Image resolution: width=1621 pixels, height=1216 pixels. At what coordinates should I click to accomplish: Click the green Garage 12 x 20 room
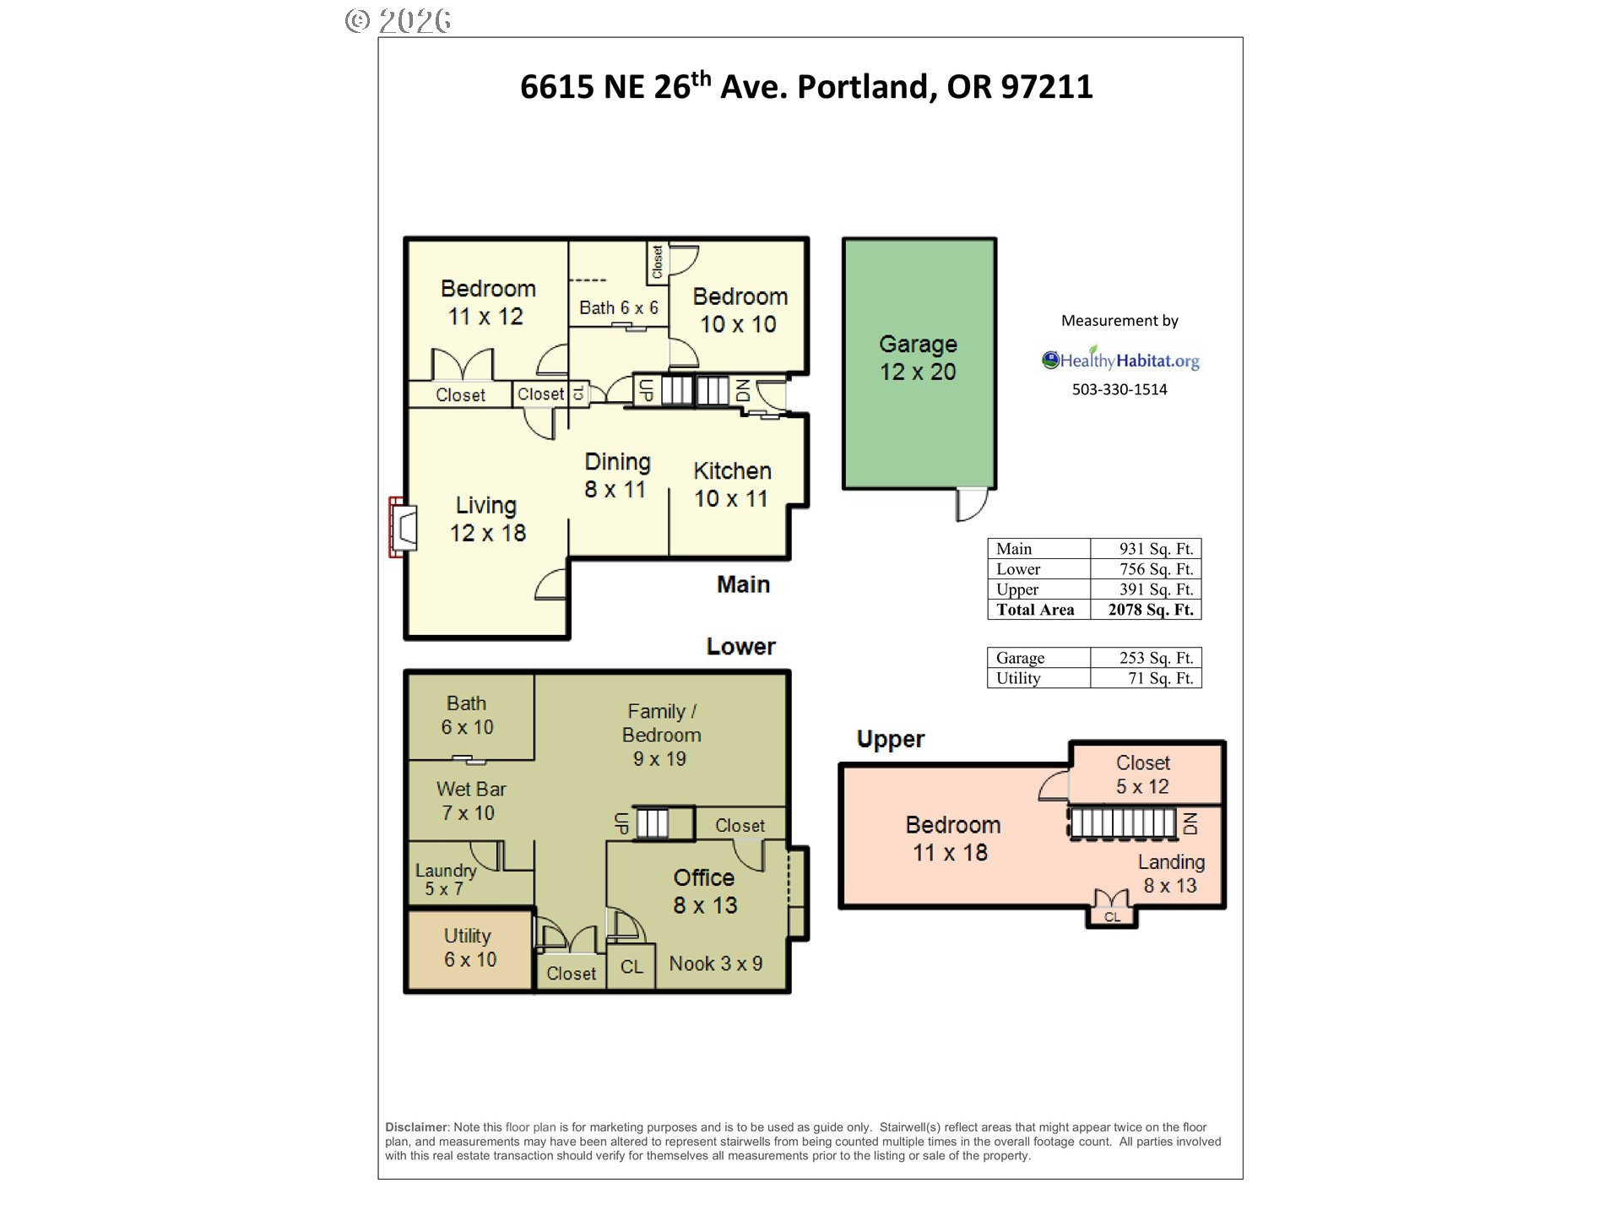pos(919,363)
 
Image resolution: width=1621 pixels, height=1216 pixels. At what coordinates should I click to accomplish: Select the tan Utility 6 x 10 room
pos(470,948)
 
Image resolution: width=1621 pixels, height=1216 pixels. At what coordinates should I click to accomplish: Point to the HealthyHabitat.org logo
pos(1120,360)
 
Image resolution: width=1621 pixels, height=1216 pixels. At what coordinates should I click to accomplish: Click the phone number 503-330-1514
pos(1120,389)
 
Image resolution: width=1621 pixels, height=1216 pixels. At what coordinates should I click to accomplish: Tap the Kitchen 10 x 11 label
pos(732,485)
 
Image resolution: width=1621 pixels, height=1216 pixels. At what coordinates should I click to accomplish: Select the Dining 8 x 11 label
pos(617,475)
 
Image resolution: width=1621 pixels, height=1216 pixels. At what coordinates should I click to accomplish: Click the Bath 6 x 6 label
pos(618,308)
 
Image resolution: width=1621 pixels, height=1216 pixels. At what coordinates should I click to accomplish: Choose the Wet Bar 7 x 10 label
pos(470,801)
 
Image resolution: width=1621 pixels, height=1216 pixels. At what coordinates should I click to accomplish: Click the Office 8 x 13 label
pos(705,892)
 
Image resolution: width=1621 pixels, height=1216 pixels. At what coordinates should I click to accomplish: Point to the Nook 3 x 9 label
pos(716,964)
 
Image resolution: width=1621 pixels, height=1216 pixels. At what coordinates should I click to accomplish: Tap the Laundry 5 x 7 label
pos(445,879)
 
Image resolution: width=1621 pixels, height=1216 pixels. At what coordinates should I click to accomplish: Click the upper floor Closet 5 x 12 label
pos(1143,774)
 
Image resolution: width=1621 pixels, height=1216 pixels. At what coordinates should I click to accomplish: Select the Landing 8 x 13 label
pos(1171,873)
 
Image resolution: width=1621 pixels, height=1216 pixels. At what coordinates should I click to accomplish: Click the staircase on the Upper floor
pos(1122,822)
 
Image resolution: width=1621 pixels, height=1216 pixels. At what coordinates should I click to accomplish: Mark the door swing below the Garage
pos(972,504)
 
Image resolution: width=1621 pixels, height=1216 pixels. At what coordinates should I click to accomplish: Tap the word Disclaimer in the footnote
pos(417,1127)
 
